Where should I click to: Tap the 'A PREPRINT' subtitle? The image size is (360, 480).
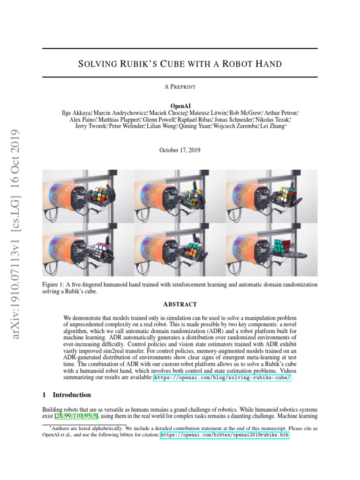coord(180,87)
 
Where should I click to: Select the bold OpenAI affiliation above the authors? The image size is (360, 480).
coord(180,106)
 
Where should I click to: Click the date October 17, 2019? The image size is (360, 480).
coord(180,150)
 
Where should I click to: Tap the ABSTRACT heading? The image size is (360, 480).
coord(180,304)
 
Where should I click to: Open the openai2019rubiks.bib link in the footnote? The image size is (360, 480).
coord(225,435)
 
